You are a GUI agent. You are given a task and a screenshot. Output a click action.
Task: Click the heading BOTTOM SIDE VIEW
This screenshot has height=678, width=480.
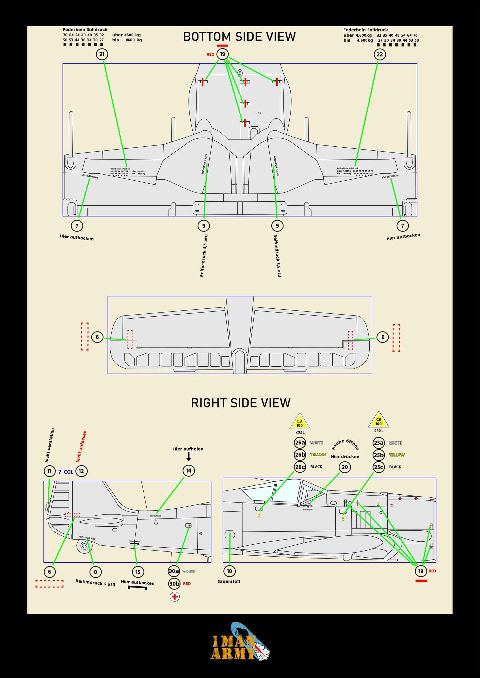click(239, 37)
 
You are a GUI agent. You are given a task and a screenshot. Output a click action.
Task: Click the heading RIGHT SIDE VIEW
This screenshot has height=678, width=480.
click(240, 403)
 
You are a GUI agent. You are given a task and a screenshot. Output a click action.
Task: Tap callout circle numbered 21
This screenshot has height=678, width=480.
click(102, 54)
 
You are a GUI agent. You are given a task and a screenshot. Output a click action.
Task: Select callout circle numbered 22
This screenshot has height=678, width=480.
click(380, 54)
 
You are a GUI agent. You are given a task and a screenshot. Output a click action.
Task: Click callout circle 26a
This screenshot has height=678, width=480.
click(300, 443)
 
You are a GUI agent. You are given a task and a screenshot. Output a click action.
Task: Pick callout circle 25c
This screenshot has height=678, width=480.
click(379, 467)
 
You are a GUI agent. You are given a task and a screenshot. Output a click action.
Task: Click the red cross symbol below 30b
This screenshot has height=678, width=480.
click(175, 597)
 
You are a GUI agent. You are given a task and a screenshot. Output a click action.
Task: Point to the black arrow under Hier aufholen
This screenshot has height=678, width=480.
click(189, 457)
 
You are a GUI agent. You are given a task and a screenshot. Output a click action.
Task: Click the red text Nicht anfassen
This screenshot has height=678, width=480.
click(81, 446)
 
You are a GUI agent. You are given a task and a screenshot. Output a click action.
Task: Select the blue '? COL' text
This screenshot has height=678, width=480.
click(66, 472)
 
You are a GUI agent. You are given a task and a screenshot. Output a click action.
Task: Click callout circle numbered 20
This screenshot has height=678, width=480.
click(345, 467)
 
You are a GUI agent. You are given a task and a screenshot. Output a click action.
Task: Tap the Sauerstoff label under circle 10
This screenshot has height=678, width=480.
click(229, 581)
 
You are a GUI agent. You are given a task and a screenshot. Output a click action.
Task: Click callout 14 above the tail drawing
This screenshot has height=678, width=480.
click(189, 471)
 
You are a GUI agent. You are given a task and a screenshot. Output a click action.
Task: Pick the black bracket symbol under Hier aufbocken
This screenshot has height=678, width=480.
click(138, 588)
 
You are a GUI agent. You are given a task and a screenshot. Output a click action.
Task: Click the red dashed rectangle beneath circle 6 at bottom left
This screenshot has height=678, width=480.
click(49, 584)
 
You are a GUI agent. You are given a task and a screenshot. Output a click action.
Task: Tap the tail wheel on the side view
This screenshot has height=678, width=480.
click(84, 546)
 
